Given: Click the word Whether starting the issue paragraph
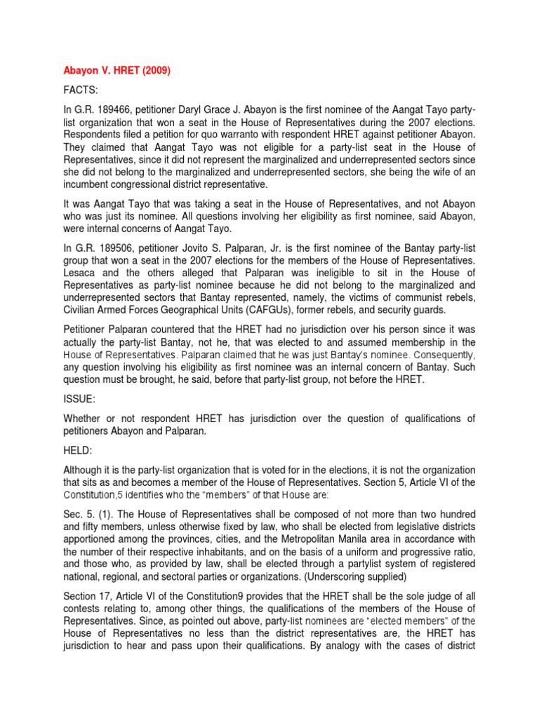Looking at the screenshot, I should click(x=86, y=419).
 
